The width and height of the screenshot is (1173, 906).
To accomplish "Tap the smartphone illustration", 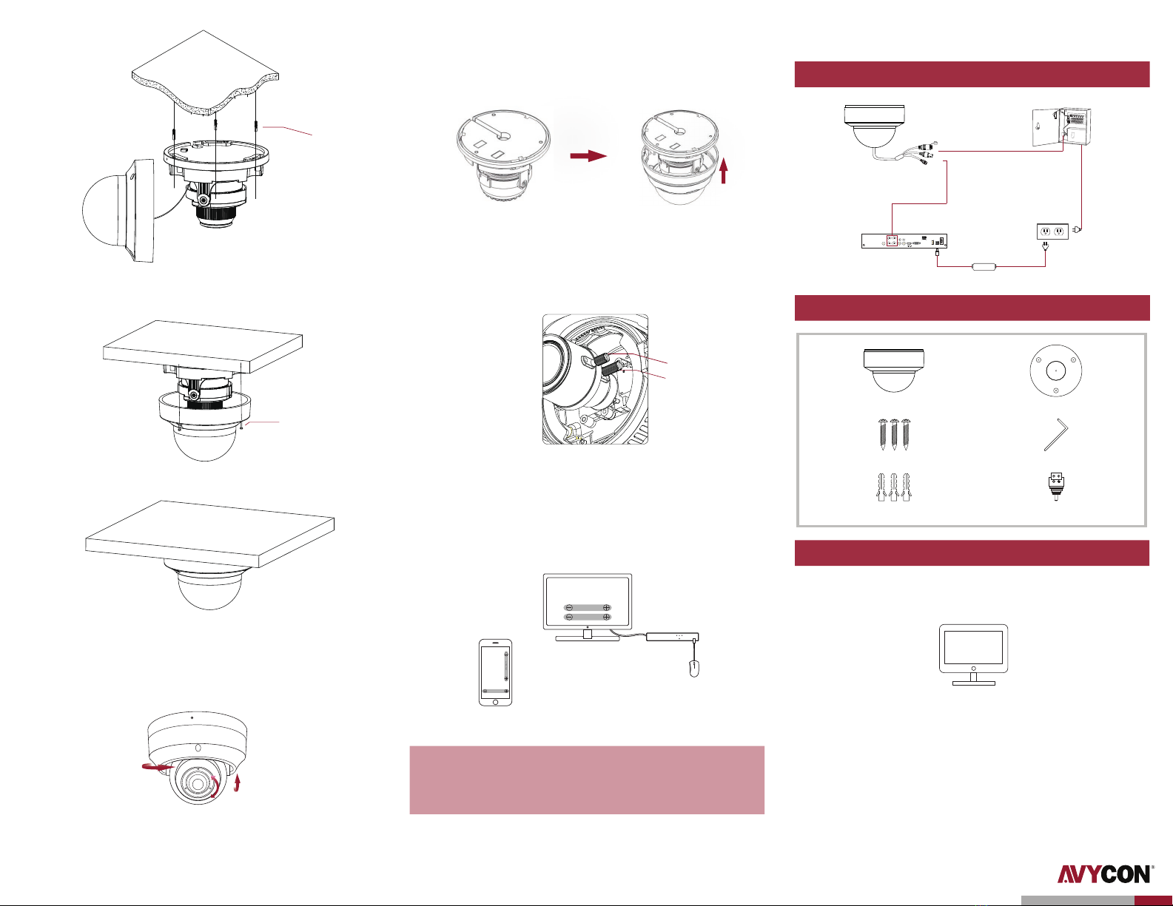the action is [495, 672].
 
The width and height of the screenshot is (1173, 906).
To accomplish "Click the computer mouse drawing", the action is [693, 669].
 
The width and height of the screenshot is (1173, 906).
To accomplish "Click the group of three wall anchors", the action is [893, 488].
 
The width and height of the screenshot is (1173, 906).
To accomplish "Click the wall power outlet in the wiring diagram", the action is [1052, 232].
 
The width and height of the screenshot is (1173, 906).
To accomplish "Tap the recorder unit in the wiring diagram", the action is [904, 241].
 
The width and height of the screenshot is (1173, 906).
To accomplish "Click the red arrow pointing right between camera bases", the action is [588, 156].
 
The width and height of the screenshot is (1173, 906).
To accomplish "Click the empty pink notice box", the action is [586, 780].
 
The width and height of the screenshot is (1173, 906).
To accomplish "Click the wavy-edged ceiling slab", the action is [205, 75].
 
